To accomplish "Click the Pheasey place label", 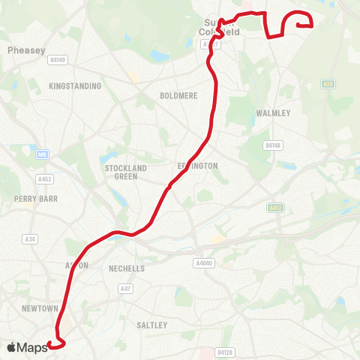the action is click(x=22, y=50).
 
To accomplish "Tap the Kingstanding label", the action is click(x=74, y=86).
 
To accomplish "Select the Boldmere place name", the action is click(x=177, y=96).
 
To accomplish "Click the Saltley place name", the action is click(x=152, y=325).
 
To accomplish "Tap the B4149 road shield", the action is click(x=58, y=60).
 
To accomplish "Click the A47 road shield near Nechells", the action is click(x=124, y=288).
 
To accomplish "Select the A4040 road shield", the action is click(x=203, y=263).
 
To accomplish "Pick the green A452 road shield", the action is click(x=276, y=207).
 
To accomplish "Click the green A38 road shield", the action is click(x=327, y=84).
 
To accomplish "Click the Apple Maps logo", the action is click(x=27, y=346).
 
